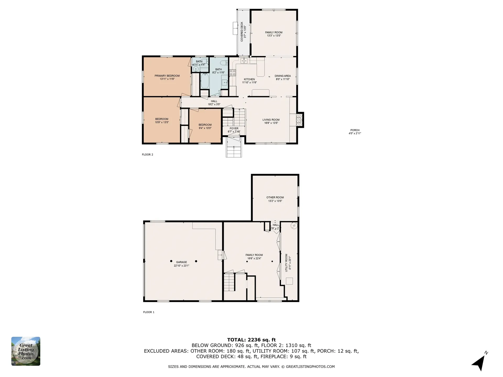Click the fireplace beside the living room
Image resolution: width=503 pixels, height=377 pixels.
pyautogui.click(x=299, y=120)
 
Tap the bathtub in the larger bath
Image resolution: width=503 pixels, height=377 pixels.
pyautogui.click(x=205, y=81)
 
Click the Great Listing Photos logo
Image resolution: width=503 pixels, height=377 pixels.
pyautogui.click(x=26, y=351)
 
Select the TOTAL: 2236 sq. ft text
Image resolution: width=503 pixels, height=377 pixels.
pyautogui.click(x=251, y=340)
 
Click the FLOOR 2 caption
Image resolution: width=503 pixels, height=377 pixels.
pyautogui.click(x=147, y=154)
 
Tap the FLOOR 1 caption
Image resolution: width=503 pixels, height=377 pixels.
pyautogui.click(x=149, y=312)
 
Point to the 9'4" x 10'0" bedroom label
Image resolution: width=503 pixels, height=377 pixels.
pyautogui.click(x=205, y=126)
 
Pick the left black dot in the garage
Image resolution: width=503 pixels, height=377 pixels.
pyautogui.click(x=171, y=261)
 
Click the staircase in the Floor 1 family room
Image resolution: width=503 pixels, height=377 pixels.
pyautogui.click(x=229, y=282)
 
